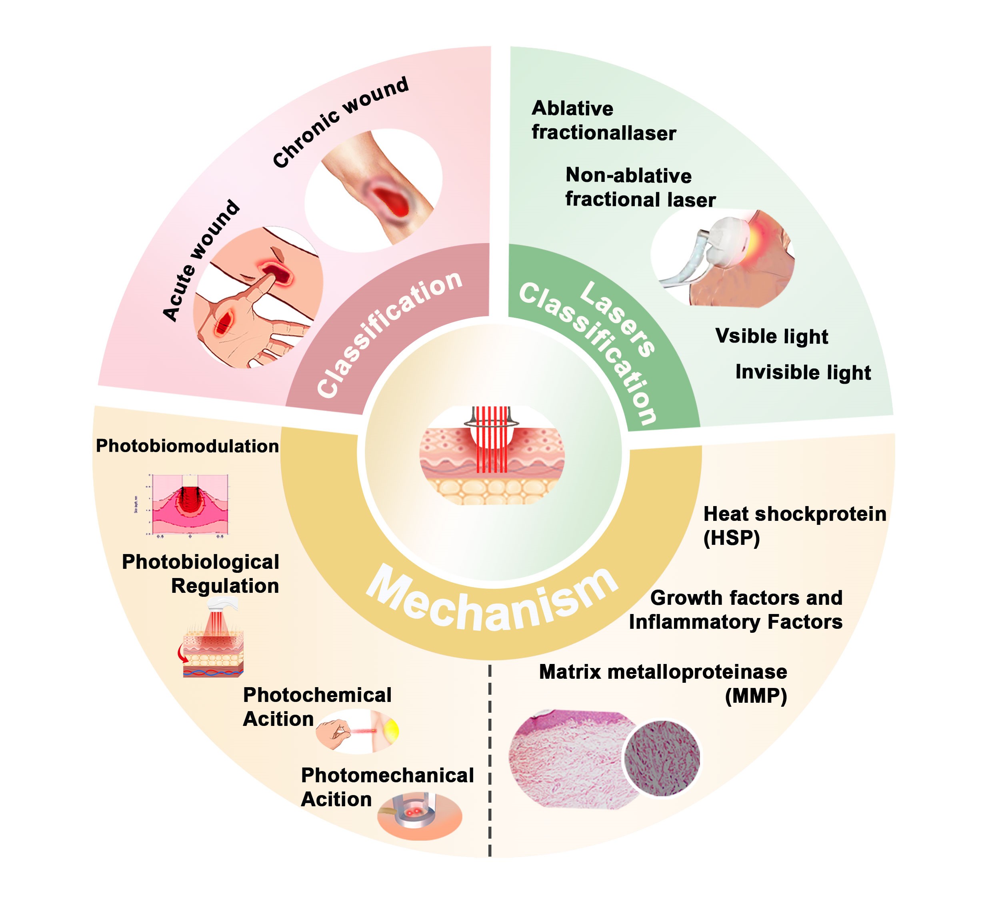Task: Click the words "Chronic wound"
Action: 341,122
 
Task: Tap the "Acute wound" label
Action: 201,261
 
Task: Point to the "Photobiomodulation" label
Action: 187,446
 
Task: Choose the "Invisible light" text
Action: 802,372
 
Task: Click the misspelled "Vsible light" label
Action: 771,336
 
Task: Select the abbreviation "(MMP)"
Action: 756,696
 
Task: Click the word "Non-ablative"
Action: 628,175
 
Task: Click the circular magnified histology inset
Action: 662,758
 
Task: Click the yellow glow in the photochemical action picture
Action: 391,729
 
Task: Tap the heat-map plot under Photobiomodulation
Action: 190,504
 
